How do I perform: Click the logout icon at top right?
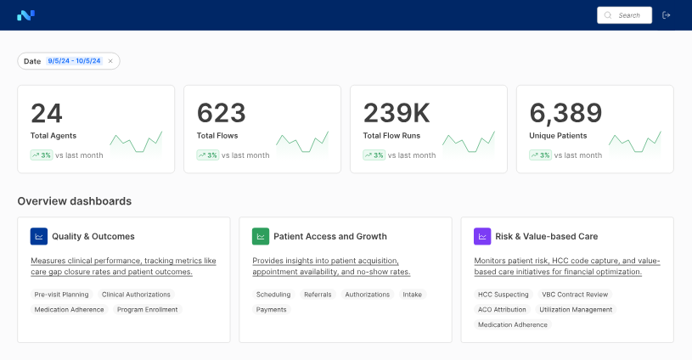[667, 15]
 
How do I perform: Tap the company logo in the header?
[25, 15]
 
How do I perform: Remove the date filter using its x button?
[110, 61]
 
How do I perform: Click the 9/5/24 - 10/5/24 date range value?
[75, 61]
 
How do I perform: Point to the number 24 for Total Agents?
[47, 114]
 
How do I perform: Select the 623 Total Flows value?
[222, 114]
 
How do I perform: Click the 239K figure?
[397, 114]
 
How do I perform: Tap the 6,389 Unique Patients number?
[565, 114]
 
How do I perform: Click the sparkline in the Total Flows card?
[301, 142]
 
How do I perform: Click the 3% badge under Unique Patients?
[540, 155]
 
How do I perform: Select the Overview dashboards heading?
[75, 201]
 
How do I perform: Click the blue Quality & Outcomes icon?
[39, 236]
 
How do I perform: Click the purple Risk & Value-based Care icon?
[482, 236]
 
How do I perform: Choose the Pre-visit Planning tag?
[62, 295]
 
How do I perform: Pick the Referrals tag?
[318, 295]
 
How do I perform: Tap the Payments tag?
[272, 310]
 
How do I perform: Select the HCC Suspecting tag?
[503, 295]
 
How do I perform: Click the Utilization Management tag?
[576, 310]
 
